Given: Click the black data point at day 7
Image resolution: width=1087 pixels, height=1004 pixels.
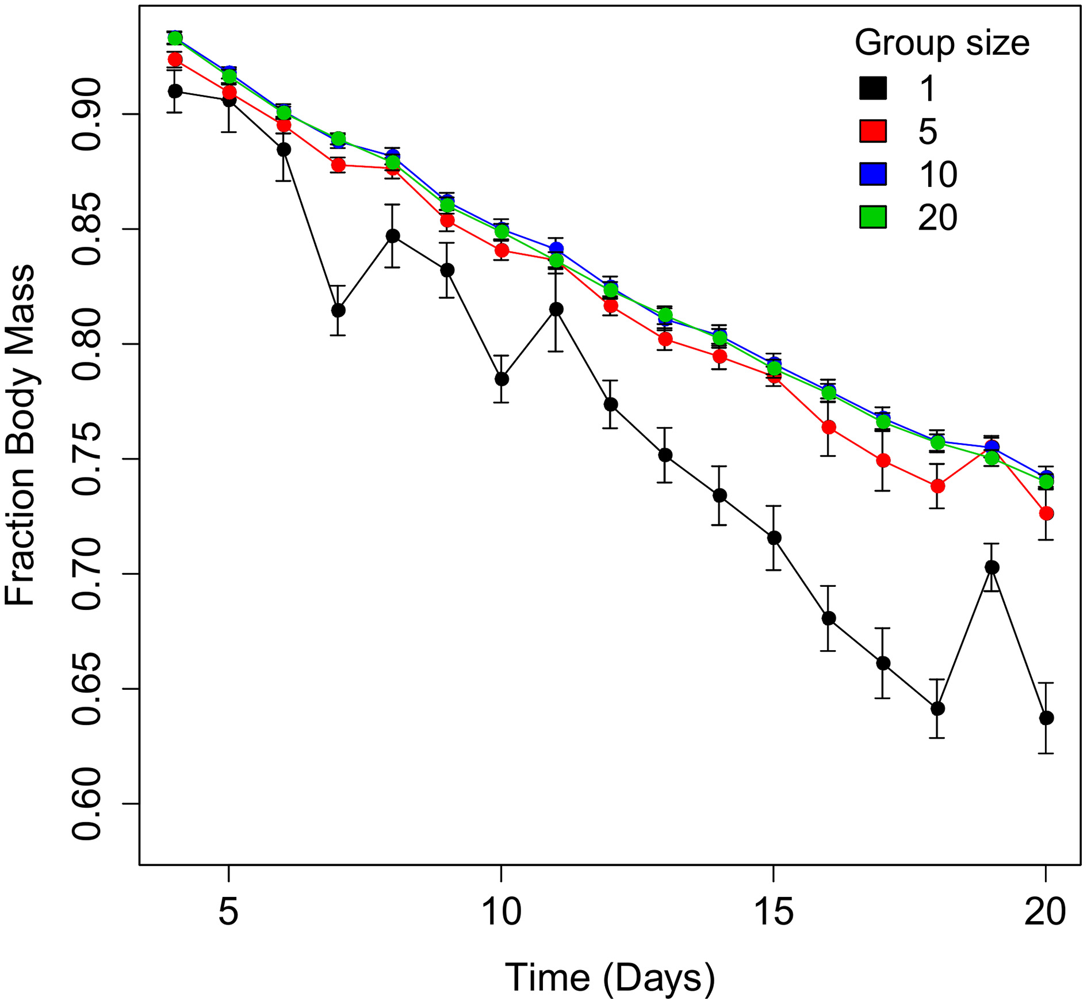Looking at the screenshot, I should tap(338, 310).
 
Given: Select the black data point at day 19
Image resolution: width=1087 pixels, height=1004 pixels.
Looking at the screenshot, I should tap(992, 567).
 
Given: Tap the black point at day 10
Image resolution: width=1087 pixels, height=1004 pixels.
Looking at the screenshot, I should tap(502, 379).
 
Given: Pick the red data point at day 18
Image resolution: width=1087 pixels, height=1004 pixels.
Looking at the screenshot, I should tap(937, 486).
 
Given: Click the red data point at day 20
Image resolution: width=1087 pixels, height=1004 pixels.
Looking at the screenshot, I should tap(1046, 513).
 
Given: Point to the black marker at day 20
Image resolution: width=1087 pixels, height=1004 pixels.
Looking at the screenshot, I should tap(1046, 718).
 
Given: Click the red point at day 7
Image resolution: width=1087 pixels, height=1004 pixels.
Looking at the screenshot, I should tap(338, 166).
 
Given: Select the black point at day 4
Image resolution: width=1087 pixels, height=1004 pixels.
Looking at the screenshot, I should tap(175, 91).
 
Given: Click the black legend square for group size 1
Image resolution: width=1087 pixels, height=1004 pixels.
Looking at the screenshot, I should tap(872, 88).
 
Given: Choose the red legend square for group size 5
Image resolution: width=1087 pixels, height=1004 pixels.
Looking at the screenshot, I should tap(872, 131).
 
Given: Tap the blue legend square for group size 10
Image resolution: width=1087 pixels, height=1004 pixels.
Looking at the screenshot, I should tap(872, 174).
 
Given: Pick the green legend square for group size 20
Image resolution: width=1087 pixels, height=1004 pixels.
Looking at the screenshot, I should tap(872, 217).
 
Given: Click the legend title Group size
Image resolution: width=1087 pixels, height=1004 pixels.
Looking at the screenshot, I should tap(941, 43).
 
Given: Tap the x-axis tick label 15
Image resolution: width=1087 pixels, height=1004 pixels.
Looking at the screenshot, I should tap(774, 912).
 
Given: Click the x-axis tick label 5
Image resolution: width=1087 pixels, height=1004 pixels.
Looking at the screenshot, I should tap(229, 912).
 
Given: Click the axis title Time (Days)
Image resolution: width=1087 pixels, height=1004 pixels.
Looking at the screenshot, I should tap(610, 978).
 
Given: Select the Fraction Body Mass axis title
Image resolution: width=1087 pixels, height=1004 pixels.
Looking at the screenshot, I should tap(20, 435).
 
